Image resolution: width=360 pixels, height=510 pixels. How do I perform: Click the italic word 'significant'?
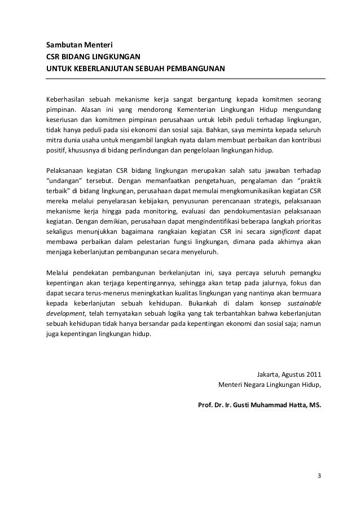285,233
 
